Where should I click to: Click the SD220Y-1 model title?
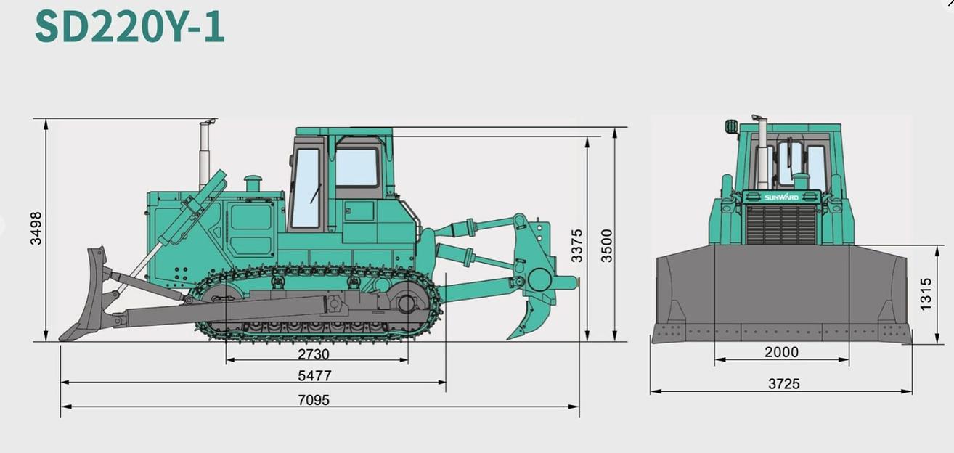[130, 26]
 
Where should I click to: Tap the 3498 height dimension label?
[36, 228]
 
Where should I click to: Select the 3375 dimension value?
[576, 245]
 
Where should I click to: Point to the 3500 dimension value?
[606, 245]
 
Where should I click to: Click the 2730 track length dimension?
[314, 354]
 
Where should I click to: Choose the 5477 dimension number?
[314, 376]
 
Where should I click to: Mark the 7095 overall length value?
[314, 400]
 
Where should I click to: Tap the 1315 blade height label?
[926, 294]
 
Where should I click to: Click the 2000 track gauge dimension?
[781, 353]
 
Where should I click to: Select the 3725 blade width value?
[783, 384]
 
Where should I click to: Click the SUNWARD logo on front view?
[781, 197]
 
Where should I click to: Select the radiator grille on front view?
[781, 224]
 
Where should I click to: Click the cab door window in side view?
[306, 187]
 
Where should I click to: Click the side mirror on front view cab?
[731, 126]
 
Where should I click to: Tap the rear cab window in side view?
[356, 168]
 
